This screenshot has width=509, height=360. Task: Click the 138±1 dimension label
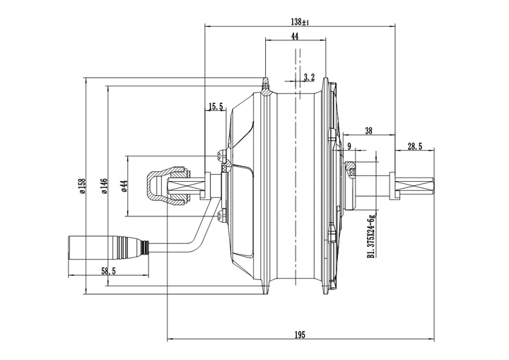[300, 21]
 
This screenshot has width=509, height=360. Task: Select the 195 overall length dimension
[300, 335]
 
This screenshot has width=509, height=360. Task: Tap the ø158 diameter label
[81, 187]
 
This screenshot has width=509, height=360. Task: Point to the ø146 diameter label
[103, 187]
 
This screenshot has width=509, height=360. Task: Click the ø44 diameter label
[123, 186]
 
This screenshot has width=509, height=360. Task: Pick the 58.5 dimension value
[108, 272]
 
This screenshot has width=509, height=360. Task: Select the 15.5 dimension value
[215, 108]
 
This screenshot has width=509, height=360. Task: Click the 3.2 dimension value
[308, 76]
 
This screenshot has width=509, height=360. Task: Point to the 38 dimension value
[368, 130]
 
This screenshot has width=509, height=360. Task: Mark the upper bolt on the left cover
[220, 156]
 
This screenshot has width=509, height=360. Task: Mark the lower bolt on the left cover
[220, 216]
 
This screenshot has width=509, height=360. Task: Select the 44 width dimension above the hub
[294, 36]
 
